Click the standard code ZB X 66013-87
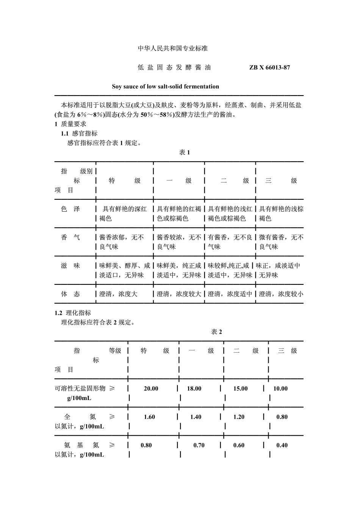tap(269, 67)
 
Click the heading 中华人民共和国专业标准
tap(172, 48)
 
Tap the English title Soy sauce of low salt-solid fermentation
tap(165, 86)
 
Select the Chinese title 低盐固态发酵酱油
tap(174, 67)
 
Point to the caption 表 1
tap(184, 152)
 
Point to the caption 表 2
tap(216, 332)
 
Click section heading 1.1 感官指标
tap(79, 133)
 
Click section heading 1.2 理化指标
tap(73, 313)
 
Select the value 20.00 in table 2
tap(151, 388)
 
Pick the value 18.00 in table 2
tap(194, 388)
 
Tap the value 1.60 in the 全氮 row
tap(149, 417)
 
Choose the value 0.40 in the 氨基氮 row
tap(282, 445)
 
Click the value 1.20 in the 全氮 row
tap(239, 417)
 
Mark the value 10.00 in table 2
tap(280, 388)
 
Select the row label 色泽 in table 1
tap(70, 209)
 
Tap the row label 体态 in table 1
tap(70, 294)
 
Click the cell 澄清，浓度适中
tap(230, 294)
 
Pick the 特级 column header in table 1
tap(124, 181)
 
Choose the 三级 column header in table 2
tap(287, 351)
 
